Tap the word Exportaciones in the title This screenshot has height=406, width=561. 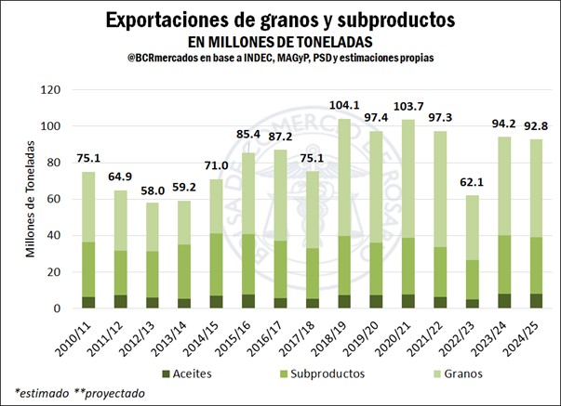click(167, 20)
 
